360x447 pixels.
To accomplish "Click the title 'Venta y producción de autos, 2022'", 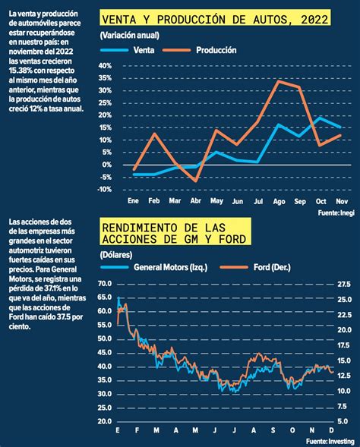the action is pos(215,20).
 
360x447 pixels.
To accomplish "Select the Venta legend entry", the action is pos(128,50).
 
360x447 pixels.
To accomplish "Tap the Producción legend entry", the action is pos(200,50).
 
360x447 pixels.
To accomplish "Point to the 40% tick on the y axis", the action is pos(105,66).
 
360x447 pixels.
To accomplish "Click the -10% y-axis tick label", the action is pos(104,189).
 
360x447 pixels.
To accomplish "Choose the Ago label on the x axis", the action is pos(279,202).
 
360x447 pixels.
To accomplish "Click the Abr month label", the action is pos(196,201).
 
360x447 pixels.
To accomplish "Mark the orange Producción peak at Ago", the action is pos(279,81).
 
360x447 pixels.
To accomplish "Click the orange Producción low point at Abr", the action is pos(196,181).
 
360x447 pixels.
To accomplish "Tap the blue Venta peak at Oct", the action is pos(320,118).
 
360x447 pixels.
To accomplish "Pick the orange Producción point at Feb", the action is pos(154,134).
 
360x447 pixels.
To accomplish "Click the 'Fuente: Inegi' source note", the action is pos(336,212).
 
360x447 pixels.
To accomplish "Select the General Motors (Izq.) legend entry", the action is pos(154,267).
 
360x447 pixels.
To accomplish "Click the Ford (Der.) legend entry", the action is pos(255,267).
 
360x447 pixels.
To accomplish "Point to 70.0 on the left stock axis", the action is pos(105,284).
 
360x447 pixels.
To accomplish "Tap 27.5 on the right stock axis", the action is pos(344,285).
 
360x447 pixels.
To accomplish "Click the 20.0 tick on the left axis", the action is pos(105,421).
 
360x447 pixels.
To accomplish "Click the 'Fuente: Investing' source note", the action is pos(330,441).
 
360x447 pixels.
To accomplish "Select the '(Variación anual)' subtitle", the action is pos(130,36).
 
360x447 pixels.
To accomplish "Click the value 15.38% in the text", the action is pos(21,71).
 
